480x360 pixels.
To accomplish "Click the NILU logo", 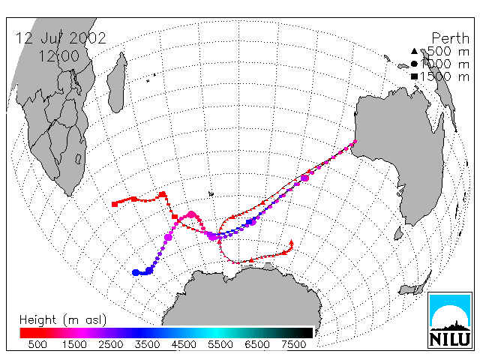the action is [450, 320].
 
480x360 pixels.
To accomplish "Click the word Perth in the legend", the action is [450, 38].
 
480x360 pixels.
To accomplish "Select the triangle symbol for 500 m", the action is [414, 51].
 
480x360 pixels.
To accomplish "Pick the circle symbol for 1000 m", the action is [414, 64].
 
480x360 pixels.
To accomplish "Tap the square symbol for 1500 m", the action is [414, 76].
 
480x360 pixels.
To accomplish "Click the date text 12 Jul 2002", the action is [61, 38].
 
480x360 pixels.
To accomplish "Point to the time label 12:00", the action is [58, 56].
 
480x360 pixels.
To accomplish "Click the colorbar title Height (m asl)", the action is [63, 320].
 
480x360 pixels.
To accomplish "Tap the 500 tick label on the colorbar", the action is [37, 344].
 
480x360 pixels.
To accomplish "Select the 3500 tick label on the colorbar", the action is [147, 344].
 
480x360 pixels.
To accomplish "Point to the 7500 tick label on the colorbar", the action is [293, 344].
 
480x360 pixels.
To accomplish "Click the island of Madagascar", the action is [117, 82].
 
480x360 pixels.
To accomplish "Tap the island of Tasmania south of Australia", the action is [398, 233].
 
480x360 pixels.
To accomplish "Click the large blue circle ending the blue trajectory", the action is [135, 272].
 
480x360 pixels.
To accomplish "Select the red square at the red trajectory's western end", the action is [115, 204].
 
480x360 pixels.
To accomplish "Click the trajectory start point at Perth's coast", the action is [355, 142].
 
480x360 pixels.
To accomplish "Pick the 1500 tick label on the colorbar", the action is [74, 344].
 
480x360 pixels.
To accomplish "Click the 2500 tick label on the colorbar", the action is [110, 344].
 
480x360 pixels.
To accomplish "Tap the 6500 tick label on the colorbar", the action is [256, 344].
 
